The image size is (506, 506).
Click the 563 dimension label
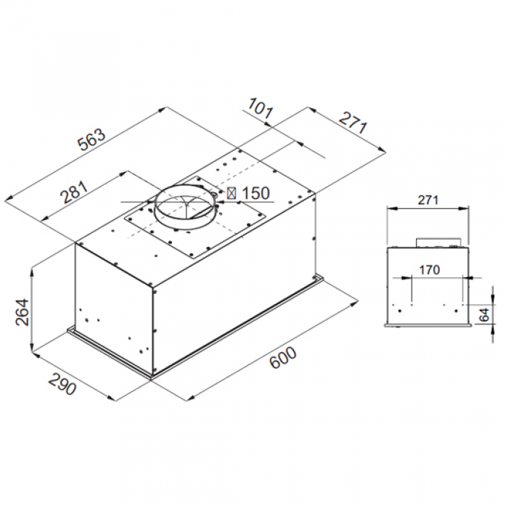(x=91, y=139)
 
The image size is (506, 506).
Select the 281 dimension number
(x=74, y=192)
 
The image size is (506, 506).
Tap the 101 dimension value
(x=261, y=108)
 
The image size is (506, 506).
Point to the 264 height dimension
(x=23, y=312)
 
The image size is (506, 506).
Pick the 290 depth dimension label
(x=62, y=384)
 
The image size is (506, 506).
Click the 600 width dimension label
(x=282, y=358)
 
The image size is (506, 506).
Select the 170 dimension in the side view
(x=429, y=270)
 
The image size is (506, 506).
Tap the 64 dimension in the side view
(x=484, y=314)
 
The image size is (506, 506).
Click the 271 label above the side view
(x=428, y=200)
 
